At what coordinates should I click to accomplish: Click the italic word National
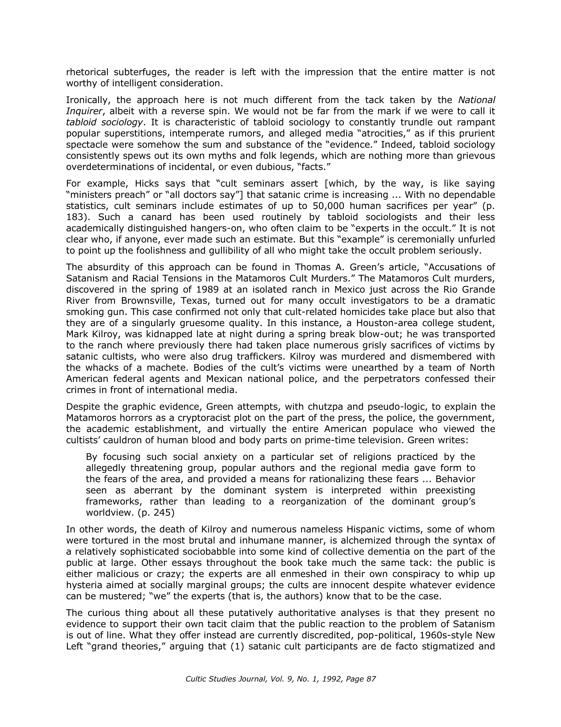point(476,100)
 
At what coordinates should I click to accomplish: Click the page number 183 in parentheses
point(76,217)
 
